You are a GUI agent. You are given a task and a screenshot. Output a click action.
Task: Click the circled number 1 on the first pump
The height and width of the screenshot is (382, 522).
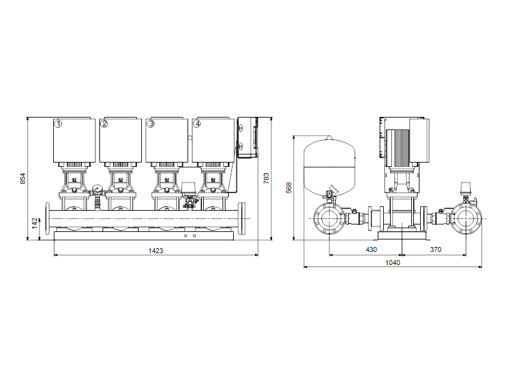pos(58,124)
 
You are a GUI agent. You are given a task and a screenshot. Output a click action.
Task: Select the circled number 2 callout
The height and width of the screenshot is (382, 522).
pos(104,124)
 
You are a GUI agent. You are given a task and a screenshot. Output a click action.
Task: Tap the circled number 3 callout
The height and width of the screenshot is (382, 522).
pos(151,124)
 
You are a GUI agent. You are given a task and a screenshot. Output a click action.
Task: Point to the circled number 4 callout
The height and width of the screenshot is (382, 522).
pos(198,124)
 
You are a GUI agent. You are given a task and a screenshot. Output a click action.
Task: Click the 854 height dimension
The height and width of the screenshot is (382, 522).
pos(23,179)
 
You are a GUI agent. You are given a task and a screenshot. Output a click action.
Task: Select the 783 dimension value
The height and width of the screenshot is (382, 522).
pos(266,179)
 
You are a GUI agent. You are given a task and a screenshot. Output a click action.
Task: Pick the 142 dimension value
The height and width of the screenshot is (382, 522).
pos(34,223)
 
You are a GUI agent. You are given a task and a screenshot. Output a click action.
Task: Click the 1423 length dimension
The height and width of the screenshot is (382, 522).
pos(156,251)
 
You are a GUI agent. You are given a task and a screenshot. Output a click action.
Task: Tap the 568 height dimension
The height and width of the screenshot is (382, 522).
pos(289,188)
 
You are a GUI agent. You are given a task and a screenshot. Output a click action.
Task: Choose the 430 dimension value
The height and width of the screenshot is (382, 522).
pos(371,249)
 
